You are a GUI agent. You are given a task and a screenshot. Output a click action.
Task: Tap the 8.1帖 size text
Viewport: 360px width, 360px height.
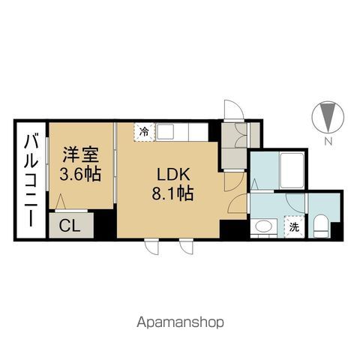coord(175,193)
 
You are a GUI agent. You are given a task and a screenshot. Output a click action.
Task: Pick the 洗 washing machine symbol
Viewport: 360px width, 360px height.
coord(294,225)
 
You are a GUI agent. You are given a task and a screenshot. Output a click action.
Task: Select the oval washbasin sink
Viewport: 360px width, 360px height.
coord(262,226)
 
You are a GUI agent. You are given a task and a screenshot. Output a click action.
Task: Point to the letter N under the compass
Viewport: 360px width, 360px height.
coord(328,141)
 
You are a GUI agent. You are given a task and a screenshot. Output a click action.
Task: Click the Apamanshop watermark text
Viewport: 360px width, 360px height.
coord(179,322)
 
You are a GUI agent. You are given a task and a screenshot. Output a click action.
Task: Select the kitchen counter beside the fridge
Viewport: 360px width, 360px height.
coord(181,132)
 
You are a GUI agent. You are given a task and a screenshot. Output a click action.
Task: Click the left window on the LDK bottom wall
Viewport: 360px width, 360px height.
coord(152,244)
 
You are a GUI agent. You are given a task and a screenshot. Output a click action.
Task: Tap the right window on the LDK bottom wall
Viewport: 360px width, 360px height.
coord(187,244)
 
